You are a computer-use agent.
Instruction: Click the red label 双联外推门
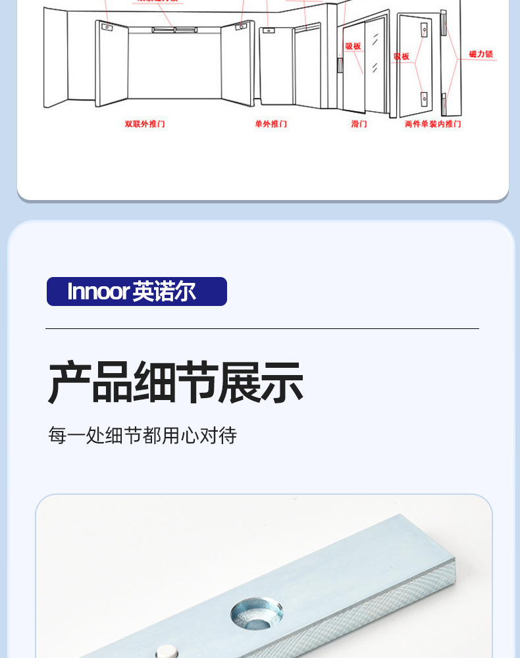[145, 124]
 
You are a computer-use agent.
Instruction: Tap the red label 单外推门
[271, 124]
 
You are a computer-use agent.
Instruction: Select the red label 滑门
[359, 124]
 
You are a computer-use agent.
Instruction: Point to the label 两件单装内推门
[432, 124]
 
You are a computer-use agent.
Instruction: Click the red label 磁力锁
[481, 54]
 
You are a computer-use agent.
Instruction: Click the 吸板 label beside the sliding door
[353, 47]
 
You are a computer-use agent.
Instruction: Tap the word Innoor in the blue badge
[97, 291]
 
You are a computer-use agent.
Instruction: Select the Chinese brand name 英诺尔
[164, 291]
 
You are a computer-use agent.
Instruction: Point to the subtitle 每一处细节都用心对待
[142, 436]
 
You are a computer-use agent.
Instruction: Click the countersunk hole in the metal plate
[257, 613]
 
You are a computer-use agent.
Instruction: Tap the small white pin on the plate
[166, 651]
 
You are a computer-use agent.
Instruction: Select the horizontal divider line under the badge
[262, 328]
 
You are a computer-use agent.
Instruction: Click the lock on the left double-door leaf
[106, 27]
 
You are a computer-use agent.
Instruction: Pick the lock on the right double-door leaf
[242, 27]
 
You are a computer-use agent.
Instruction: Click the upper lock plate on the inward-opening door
[425, 29]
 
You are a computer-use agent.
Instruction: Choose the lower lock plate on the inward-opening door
[425, 99]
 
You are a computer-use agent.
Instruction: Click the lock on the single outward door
[268, 30]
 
